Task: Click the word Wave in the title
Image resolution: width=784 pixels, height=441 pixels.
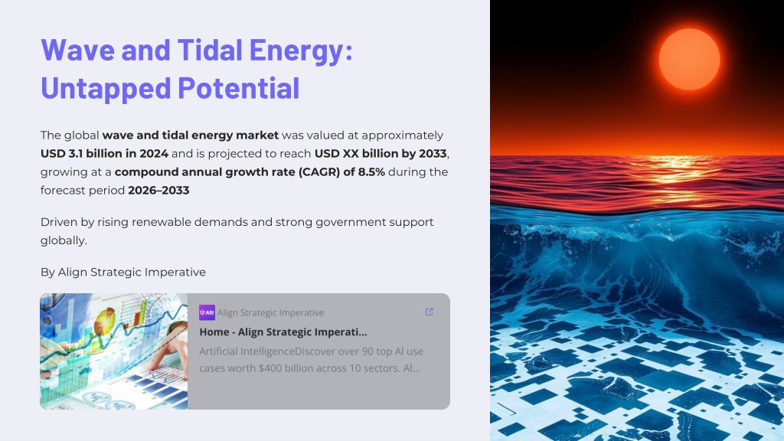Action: coord(78,50)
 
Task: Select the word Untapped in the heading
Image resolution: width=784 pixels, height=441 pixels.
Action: coord(106,90)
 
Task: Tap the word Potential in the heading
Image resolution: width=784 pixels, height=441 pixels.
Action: coord(239,89)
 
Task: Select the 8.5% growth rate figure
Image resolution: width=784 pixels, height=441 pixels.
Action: coord(371,172)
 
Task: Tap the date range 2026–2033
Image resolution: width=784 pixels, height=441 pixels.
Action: coord(158,191)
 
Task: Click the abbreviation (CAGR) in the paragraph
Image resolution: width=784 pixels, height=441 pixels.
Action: coord(318,172)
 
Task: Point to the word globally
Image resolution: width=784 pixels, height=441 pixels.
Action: coord(64,240)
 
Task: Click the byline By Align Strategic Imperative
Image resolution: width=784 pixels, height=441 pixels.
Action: coord(123,272)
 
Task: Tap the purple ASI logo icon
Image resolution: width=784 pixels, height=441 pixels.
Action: coord(207,312)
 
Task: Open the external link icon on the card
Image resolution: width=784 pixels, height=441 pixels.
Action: coord(429,312)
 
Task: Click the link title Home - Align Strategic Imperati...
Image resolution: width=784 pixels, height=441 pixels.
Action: coord(283,332)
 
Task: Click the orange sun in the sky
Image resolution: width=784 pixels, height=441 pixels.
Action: coord(690,59)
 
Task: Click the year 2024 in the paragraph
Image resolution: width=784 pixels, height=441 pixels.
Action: coord(153,153)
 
